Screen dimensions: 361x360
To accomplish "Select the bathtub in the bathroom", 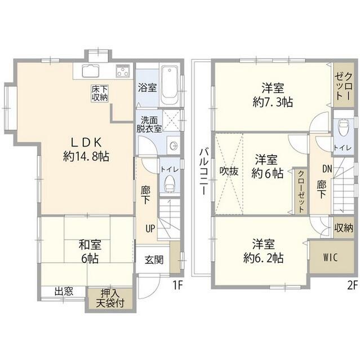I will click(169, 86).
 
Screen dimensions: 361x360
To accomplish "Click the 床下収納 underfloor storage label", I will click(100, 93).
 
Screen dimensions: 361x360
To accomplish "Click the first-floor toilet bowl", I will click(169, 183).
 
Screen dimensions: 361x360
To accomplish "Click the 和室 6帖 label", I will click(89, 251).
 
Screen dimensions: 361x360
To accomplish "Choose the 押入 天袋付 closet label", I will click(109, 299).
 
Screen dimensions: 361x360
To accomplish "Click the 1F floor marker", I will click(177, 285).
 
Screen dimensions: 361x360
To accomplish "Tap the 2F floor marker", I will click(352, 285).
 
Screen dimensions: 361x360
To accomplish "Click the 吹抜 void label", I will click(226, 170).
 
